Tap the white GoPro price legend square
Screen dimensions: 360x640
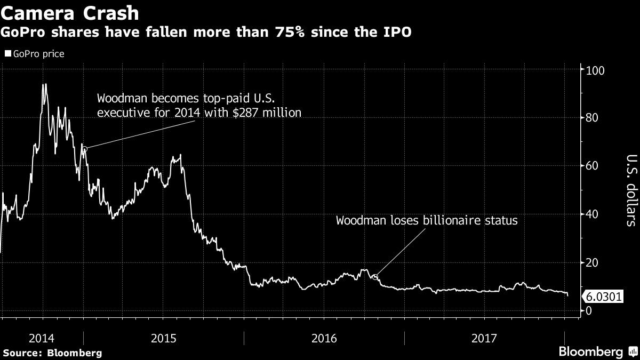(7, 54)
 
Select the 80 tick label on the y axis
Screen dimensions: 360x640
(591, 118)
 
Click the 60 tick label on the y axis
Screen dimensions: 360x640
(591, 166)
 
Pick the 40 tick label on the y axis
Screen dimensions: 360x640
(591, 214)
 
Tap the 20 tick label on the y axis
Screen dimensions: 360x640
(591, 262)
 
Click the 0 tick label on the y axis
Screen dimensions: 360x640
(588, 310)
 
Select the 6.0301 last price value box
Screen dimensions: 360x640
(604, 297)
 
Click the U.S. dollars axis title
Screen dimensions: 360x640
(630, 190)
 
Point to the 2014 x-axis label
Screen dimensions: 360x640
(42, 338)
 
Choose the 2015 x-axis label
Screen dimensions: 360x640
(164, 338)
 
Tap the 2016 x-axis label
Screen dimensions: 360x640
(325, 338)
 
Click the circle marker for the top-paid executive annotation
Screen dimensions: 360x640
(84, 149)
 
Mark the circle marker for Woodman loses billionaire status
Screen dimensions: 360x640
(375, 277)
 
